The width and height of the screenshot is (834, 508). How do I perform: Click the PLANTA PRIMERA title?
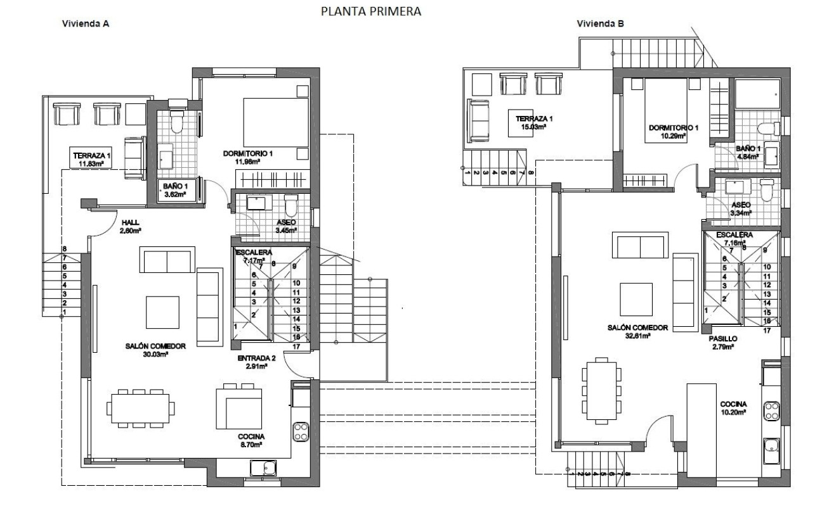point(371,11)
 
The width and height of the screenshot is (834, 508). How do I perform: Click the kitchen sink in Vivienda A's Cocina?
point(263,468)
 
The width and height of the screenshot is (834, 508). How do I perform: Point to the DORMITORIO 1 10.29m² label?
point(673,132)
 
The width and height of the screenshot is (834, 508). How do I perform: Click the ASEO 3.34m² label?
point(740,209)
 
